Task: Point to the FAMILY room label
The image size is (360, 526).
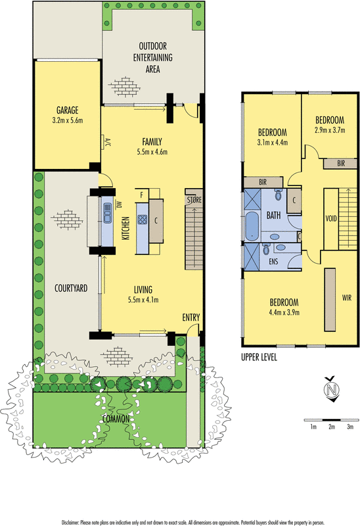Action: click(x=152, y=141)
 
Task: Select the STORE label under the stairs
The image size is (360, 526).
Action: click(x=194, y=199)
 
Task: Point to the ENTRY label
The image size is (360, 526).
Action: click(x=191, y=318)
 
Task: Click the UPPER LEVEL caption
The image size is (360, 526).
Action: click(x=258, y=357)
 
